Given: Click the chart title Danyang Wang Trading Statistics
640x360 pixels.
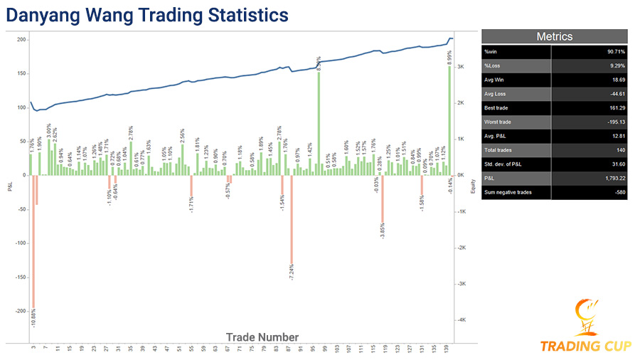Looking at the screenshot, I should point(149,14).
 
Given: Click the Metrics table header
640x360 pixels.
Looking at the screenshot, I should point(554,36).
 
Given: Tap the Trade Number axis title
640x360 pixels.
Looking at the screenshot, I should point(262,337).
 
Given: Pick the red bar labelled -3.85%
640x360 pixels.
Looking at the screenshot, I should point(382,198).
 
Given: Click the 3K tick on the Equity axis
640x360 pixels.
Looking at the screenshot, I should point(462,67).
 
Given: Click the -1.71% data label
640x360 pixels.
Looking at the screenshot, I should point(191,206).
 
